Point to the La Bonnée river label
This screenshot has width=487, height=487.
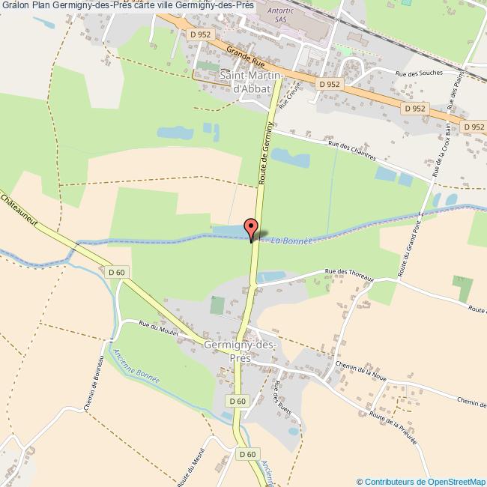(291, 241)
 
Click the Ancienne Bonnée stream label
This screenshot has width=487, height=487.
(134, 367)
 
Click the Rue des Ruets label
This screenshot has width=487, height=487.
(282, 397)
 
